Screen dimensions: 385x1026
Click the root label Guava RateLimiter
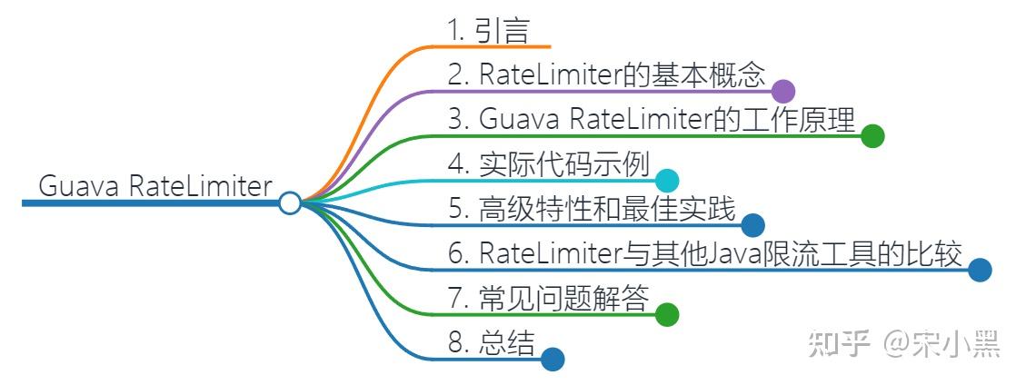[155, 186]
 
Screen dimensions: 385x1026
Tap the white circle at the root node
[290, 202]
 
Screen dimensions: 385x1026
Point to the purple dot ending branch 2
[784, 91]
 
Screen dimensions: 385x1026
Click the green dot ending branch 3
[872, 136]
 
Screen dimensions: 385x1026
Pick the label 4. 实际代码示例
[548, 164]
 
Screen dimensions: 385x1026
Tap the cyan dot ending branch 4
[667, 180]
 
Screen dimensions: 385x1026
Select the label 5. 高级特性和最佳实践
[592, 210]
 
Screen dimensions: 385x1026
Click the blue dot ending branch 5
[752, 225]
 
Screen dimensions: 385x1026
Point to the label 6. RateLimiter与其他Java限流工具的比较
[704, 253]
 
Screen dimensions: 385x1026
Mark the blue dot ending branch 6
[980, 270]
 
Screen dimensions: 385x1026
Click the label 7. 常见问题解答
[549, 298]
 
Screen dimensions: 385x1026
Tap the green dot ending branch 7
[667, 314]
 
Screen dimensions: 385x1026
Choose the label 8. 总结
[492, 342]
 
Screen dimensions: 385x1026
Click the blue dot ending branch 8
[553, 360]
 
